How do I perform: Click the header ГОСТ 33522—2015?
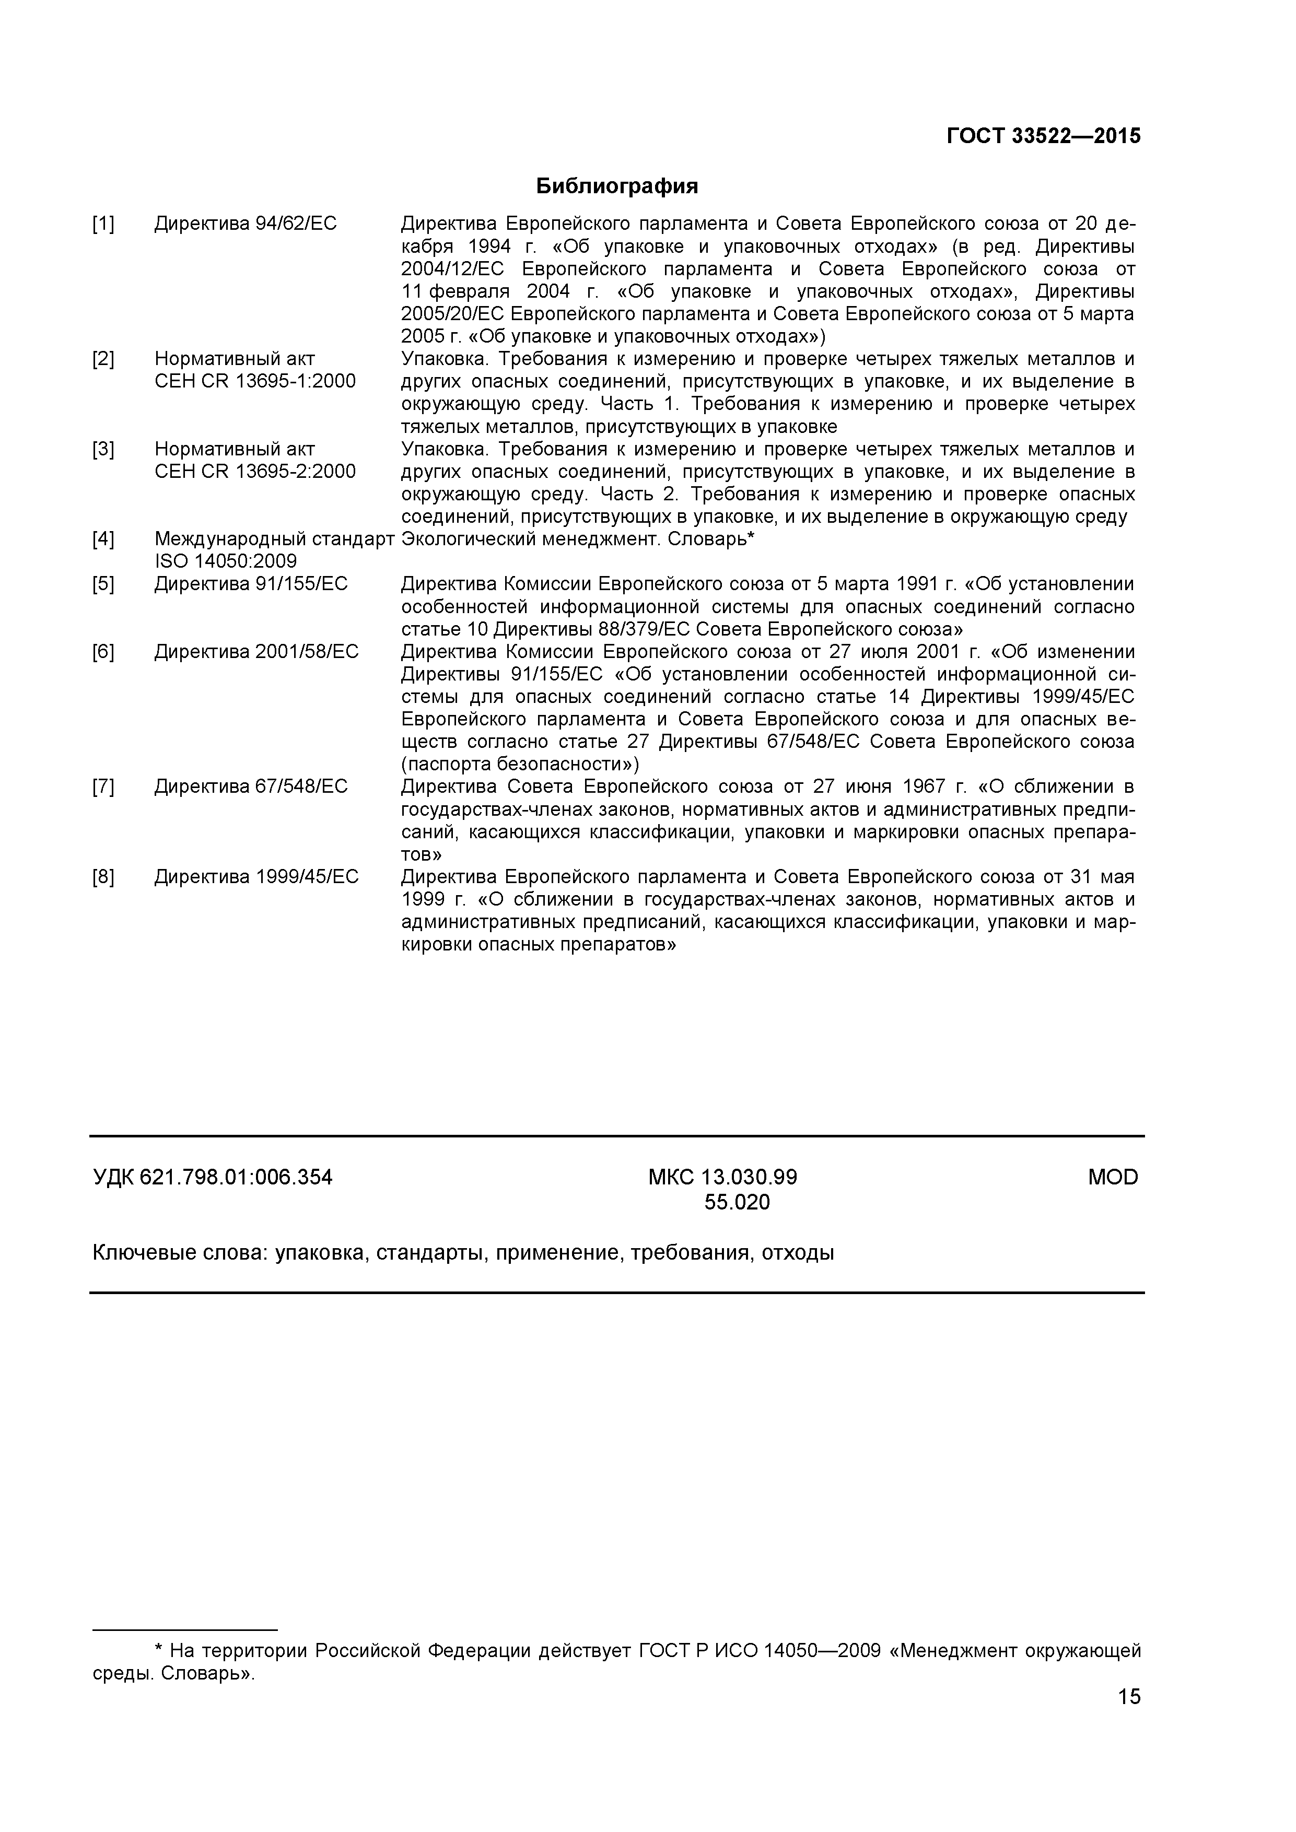(x=1043, y=136)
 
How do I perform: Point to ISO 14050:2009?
(x=225, y=562)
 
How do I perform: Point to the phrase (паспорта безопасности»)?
(x=520, y=765)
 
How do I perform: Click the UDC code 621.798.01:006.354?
(x=236, y=1177)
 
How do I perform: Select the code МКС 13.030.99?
(x=722, y=1177)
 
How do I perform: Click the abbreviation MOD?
(x=1113, y=1177)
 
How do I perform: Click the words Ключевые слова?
(x=180, y=1253)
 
